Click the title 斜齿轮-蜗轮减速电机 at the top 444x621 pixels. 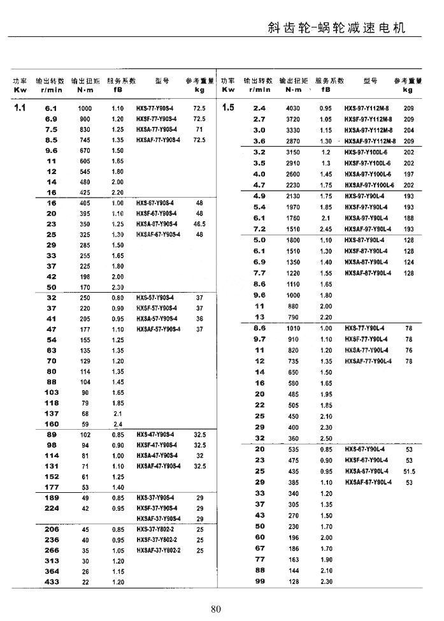pyautogui.click(x=336, y=28)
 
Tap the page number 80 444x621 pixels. pyautogui.click(x=215, y=608)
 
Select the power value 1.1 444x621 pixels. pyautogui.click(x=20, y=108)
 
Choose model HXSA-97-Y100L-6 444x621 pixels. pyautogui.click(x=369, y=174)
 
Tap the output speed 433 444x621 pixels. pyautogui.click(x=52, y=582)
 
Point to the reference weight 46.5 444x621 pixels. pyautogui.click(x=199, y=224)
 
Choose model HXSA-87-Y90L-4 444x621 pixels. pyautogui.click(x=368, y=262)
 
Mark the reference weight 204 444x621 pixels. pyautogui.click(x=408, y=130)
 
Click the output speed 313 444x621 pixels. pyautogui.click(x=52, y=561)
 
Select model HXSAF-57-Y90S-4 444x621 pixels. pyautogui.click(x=159, y=329)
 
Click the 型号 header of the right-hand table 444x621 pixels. pyautogui.click(x=369, y=82)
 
